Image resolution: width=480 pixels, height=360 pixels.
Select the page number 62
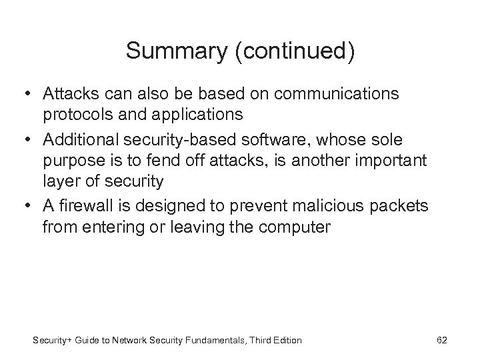[x=441, y=340]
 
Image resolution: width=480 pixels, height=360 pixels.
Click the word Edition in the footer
[x=285, y=340]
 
